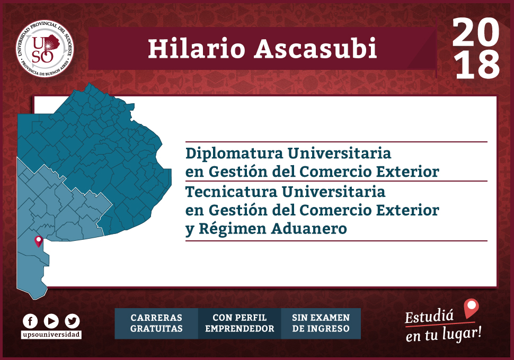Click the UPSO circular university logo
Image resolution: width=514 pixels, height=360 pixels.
coord(45,49)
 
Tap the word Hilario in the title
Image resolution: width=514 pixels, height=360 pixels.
coord(197,49)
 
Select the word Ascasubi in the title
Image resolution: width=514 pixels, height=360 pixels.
coord(316,49)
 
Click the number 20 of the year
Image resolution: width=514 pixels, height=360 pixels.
coord(476,32)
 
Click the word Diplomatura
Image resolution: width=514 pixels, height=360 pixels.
coord(234,154)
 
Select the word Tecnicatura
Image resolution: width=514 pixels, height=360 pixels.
coord(232,192)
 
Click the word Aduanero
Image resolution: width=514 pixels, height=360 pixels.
coord(309,229)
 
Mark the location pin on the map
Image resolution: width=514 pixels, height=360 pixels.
coord(39,241)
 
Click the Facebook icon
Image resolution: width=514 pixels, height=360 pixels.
coord(30,321)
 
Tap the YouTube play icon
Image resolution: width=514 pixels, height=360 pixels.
coord(51,321)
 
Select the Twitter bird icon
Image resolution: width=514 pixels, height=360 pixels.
coord(72,321)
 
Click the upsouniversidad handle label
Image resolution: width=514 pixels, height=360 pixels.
coord(51,335)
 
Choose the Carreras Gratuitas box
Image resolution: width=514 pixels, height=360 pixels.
coord(156,323)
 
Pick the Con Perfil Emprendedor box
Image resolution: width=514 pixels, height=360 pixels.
coord(240,323)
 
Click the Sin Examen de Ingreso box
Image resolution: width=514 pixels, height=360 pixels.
coord(321,323)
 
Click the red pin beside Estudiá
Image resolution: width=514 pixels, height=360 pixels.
coord(472,308)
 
